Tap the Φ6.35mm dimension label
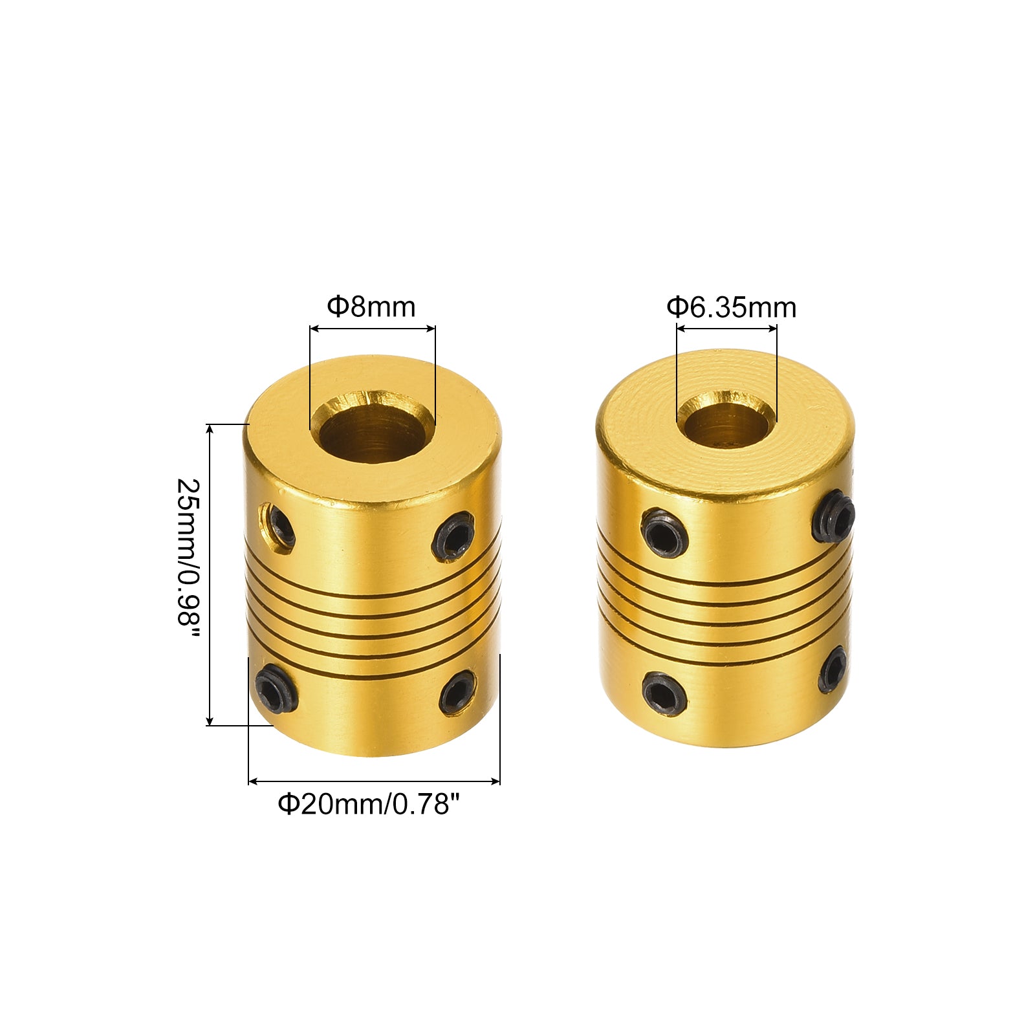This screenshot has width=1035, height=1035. (x=732, y=307)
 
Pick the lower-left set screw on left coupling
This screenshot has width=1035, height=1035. (x=276, y=687)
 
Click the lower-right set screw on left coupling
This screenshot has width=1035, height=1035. (x=457, y=693)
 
